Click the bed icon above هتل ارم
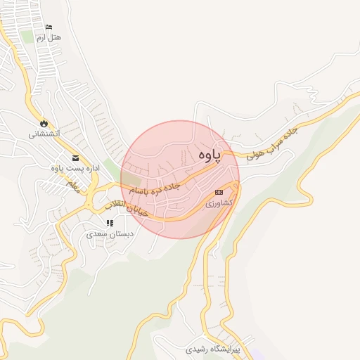(x=49, y=27)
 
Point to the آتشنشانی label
(x=44, y=133)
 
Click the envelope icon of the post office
(x=75, y=157)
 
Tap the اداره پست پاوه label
(x=73, y=168)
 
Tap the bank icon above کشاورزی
(x=219, y=192)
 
